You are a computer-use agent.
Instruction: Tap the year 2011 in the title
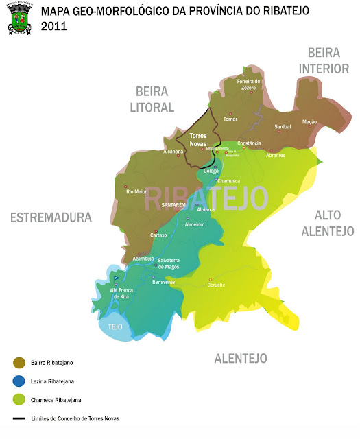click(54, 26)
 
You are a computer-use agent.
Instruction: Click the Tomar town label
click(230, 119)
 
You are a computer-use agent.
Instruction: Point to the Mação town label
click(309, 121)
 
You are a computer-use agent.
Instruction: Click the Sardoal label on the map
click(283, 127)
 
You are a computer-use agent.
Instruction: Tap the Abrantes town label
click(276, 156)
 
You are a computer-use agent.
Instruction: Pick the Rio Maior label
click(136, 192)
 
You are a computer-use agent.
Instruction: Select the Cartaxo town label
click(158, 235)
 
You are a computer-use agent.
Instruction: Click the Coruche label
click(217, 285)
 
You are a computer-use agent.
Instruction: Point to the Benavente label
click(164, 282)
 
